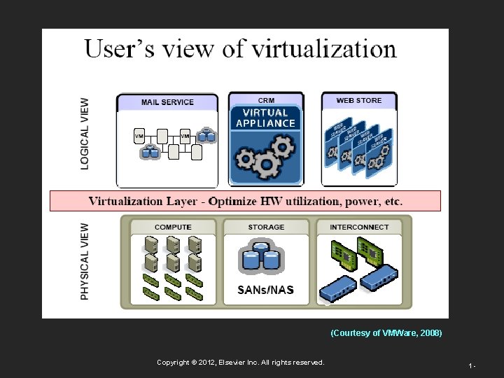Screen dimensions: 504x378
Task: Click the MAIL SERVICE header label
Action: (x=167, y=102)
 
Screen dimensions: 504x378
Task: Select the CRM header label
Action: (x=266, y=101)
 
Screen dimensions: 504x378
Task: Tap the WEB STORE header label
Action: (x=359, y=101)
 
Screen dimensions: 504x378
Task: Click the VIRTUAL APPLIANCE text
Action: (x=266, y=118)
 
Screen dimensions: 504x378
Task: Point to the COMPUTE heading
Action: (x=173, y=227)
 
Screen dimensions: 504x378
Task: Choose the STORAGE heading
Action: (x=266, y=227)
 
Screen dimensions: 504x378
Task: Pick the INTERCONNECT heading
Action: (x=360, y=227)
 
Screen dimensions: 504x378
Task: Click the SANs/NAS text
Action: (x=266, y=290)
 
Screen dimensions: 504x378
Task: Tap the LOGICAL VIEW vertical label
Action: (x=85, y=134)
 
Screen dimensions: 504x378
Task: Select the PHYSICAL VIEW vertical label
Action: (x=85, y=262)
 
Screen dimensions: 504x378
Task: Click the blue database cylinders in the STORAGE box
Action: (x=262, y=258)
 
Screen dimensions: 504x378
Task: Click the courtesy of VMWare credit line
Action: (x=386, y=333)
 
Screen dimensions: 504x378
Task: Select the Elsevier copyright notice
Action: (x=241, y=362)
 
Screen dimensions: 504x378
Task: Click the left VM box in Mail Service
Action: (x=139, y=136)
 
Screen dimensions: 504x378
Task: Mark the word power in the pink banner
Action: (x=358, y=202)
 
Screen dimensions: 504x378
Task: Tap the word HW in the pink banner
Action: (x=269, y=202)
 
